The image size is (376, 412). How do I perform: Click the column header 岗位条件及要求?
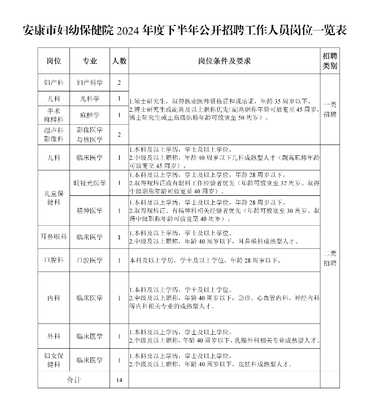(224, 60)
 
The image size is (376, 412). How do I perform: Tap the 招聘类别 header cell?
(330, 60)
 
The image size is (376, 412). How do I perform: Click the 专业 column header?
(90, 60)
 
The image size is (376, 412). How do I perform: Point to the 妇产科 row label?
(55, 82)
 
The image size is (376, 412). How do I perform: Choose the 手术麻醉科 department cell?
(55, 115)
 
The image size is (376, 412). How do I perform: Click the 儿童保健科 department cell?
(55, 198)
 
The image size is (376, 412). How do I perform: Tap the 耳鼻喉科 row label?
(55, 237)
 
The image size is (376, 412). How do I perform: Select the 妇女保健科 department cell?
(55, 360)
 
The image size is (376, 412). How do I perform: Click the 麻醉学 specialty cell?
(90, 115)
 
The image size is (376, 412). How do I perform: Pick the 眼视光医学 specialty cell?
(90, 183)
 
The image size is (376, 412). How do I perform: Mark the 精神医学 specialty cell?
(90, 211)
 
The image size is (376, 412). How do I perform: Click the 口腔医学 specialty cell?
(90, 260)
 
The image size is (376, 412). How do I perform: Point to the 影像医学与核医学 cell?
(90, 134)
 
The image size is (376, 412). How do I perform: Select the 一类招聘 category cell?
(330, 109)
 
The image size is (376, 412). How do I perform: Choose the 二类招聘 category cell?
(330, 258)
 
